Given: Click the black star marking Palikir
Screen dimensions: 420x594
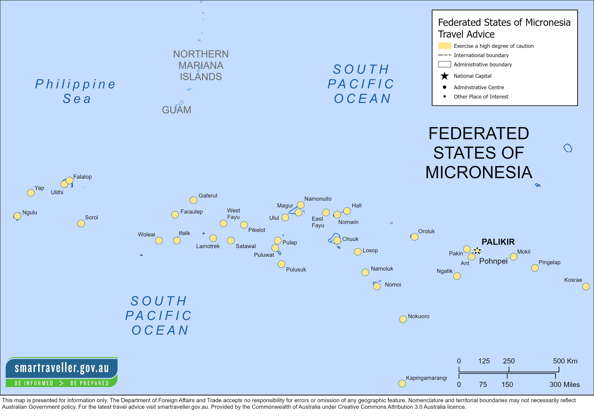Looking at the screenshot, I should coord(477,250).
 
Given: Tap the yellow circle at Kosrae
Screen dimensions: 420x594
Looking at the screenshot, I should coord(586,287).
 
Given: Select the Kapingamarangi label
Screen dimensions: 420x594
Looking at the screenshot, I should coord(426,378).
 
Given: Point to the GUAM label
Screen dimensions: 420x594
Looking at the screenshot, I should coord(176,110).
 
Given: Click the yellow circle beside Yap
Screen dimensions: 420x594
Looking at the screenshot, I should coord(31,193).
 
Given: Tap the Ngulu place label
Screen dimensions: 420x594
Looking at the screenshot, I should coord(30,213).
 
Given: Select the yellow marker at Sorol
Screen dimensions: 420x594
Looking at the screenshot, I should coord(81,224).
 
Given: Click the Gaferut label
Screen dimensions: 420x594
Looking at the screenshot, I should coord(208,196).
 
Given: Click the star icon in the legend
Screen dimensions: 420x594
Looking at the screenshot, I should coord(444,76).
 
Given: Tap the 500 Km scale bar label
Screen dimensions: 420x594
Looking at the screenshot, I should coord(565,361).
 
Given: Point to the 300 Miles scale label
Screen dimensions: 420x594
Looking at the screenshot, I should coord(565,385).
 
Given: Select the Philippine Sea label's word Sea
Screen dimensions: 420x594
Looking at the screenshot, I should coord(77,99).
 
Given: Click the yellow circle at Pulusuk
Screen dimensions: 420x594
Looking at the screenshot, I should coord(281,264).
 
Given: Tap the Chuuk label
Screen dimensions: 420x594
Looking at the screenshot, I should coord(350,239).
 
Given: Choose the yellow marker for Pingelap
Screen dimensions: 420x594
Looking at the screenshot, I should coord(535,268).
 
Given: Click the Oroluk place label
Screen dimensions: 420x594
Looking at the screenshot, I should coord(426,231).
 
